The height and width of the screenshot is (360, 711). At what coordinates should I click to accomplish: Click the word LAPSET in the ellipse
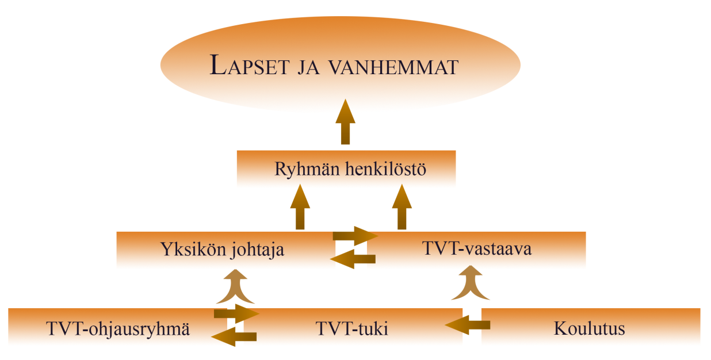click(250, 65)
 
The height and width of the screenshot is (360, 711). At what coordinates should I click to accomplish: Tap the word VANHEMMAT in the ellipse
click(393, 67)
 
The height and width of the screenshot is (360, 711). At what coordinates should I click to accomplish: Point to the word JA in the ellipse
click(309, 67)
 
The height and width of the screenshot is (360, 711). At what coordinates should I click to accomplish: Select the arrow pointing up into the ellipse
click(345, 121)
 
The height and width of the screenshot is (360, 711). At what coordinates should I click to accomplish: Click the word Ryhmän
click(307, 169)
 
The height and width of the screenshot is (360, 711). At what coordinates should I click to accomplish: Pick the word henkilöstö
click(385, 168)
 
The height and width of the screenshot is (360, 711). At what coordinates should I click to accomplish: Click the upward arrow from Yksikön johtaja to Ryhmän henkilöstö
click(300, 206)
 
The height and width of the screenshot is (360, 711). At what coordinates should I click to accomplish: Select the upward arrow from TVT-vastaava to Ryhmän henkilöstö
click(402, 206)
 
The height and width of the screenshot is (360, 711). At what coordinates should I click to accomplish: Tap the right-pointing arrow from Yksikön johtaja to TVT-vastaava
click(355, 236)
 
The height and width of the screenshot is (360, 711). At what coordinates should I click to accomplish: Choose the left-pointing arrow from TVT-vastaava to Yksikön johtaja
click(353, 259)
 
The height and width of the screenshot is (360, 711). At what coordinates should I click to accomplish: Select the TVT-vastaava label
click(477, 248)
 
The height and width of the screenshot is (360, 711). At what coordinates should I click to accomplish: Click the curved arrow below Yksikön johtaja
click(235, 286)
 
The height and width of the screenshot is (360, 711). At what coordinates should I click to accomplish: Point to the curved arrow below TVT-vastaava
click(471, 283)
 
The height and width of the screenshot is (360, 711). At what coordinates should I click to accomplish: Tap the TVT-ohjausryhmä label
click(118, 329)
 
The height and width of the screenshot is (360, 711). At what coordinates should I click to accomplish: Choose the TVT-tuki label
click(351, 328)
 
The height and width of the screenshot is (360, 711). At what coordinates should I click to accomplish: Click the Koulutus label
click(590, 328)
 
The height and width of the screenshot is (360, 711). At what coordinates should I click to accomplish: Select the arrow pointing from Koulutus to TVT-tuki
click(468, 325)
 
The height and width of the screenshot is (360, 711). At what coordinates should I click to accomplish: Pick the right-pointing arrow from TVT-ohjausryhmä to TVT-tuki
click(237, 313)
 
